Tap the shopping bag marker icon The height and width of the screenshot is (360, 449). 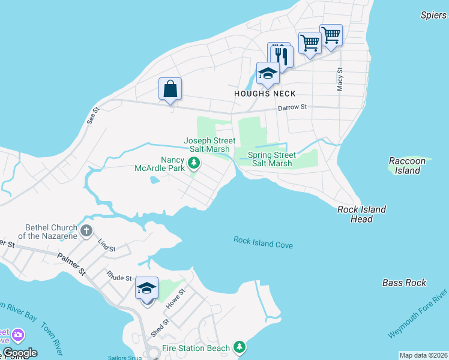(170, 89)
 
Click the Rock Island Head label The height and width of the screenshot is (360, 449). (361, 214)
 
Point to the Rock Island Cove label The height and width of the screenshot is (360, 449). (263, 242)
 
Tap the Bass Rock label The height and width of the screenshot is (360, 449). (404, 283)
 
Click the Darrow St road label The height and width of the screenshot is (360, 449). (292, 107)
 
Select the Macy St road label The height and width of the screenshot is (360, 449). (340, 79)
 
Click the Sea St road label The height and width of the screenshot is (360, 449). (92, 115)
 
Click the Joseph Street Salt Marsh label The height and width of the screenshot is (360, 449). (206, 145)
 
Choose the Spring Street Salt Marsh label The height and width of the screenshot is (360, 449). (272, 159)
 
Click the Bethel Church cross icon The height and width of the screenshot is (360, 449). (86, 230)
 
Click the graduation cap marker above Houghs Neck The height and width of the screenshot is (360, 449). (267, 74)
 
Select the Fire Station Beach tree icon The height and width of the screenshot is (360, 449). (240, 347)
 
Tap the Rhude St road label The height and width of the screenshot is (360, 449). (119, 277)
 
